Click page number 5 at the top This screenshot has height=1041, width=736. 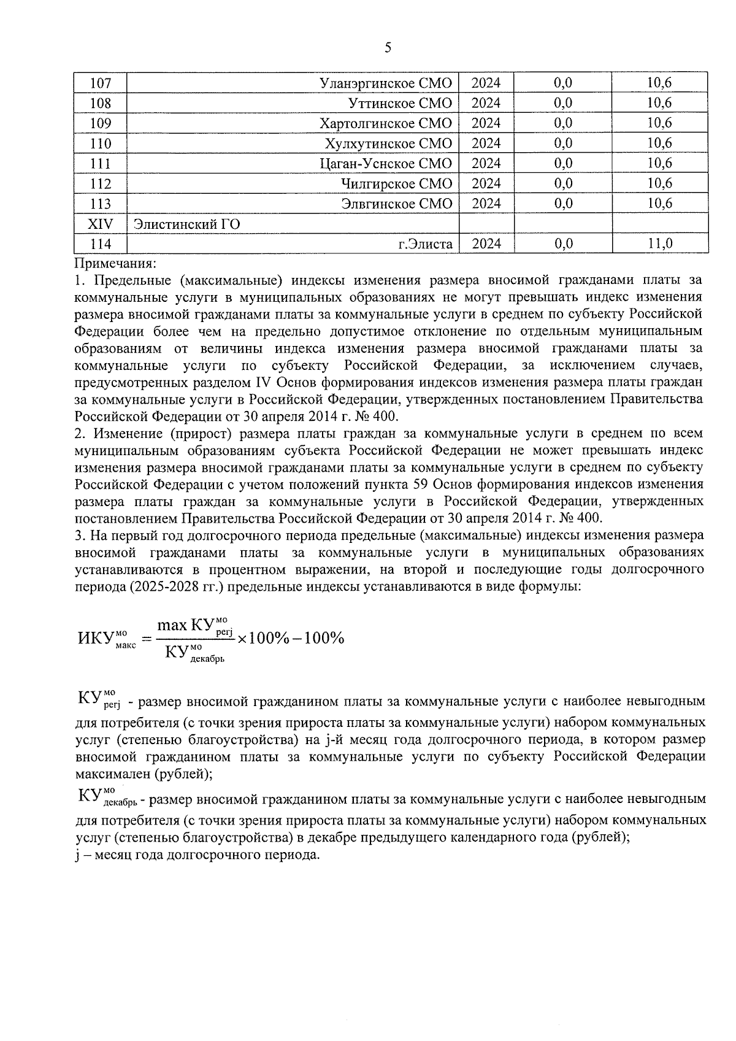387,48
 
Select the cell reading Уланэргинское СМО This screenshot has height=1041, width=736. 386,83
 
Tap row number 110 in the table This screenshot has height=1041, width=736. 101,144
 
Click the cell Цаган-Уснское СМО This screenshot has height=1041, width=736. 386,164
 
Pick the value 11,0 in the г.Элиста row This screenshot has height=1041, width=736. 660,244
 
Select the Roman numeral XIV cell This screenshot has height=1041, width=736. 101,224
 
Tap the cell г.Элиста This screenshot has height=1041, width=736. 425,244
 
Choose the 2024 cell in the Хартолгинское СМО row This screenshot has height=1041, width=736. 486,123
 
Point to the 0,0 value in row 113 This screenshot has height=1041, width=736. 562,204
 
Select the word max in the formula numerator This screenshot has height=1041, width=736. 172,625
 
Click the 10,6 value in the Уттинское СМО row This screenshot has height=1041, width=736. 660,103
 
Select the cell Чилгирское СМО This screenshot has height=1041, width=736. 397,183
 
